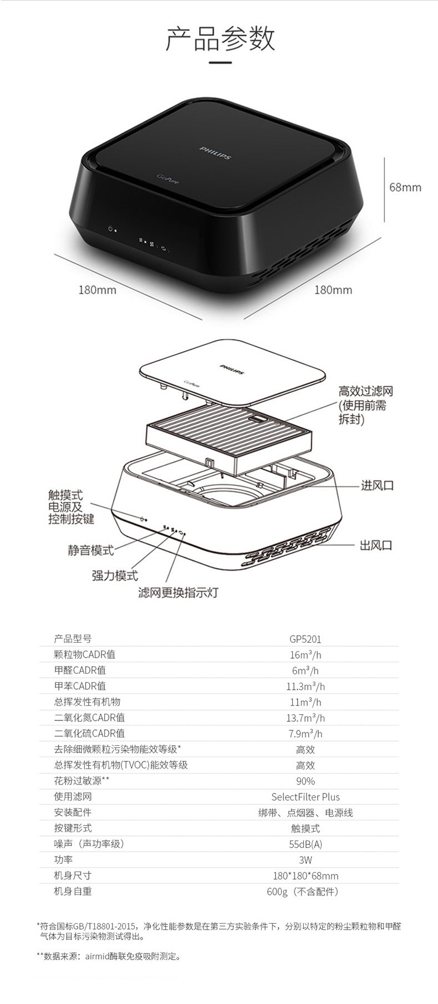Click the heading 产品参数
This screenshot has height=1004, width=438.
(220, 38)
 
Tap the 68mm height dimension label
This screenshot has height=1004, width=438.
(405, 187)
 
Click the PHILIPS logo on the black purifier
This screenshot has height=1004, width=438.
(215, 152)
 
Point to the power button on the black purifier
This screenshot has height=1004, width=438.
(111, 228)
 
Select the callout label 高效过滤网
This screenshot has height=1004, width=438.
(365, 391)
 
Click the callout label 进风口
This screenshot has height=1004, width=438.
(377, 485)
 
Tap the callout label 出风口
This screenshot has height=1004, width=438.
(376, 545)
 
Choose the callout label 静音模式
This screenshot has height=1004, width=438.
(91, 550)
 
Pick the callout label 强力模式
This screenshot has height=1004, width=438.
(115, 576)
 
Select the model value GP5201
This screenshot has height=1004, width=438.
(305, 639)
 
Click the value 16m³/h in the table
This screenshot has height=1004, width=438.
(305, 655)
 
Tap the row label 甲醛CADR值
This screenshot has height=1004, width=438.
(80, 670)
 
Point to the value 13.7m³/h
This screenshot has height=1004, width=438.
(305, 718)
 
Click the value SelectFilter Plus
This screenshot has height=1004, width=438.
(305, 797)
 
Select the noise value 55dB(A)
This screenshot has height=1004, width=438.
(305, 844)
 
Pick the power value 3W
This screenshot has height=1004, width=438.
(305, 860)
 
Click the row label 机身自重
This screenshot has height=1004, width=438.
(73, 892)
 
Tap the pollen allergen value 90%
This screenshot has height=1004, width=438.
(305, 781)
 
